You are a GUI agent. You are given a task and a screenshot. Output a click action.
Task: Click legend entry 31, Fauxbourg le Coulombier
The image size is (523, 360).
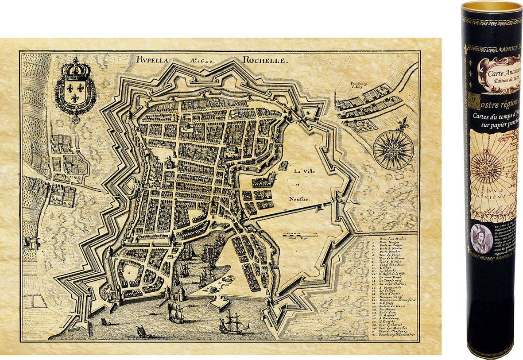(x=394, y=335)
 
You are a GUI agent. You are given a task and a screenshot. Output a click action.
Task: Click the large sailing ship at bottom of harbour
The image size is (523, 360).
(x=234, y=322)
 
